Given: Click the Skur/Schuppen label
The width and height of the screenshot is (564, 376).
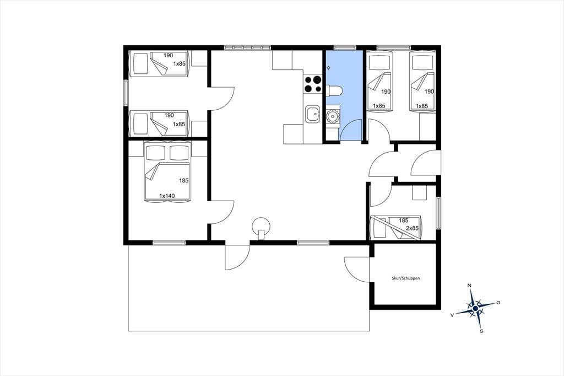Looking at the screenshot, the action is click(x=406, y=278).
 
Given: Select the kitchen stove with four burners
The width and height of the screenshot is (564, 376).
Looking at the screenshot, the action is click(x=313, y=84).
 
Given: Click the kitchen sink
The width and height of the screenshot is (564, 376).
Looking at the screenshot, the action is click(x=312, y=115).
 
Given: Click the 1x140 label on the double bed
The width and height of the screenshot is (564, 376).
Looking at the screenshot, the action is click(x=167, y=196).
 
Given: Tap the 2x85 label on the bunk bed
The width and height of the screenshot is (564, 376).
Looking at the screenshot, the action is click(x=412, y=228).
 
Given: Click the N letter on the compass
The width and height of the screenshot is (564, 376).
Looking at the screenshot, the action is click(x=469, y=286).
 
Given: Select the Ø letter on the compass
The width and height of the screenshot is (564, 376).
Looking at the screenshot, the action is click(x=498, y=303).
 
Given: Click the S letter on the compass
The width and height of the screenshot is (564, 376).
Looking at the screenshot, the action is click(x=481, y=331).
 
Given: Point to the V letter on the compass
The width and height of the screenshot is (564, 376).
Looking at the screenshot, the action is click(x=452, y=314).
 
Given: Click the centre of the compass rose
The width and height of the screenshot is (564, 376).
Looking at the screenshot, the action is click(x=475, y=308).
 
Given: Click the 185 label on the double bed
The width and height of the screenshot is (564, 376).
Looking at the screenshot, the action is click(x=184, y=180).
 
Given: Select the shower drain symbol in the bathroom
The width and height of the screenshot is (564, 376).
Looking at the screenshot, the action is click(x=328, y=67).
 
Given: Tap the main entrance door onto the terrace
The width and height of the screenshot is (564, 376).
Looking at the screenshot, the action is click(x=237, y=257).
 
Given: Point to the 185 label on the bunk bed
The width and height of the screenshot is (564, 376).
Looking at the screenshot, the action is click(x=404, y=221).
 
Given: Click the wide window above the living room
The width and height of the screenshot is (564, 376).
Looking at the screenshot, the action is click(x=247, y=47).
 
